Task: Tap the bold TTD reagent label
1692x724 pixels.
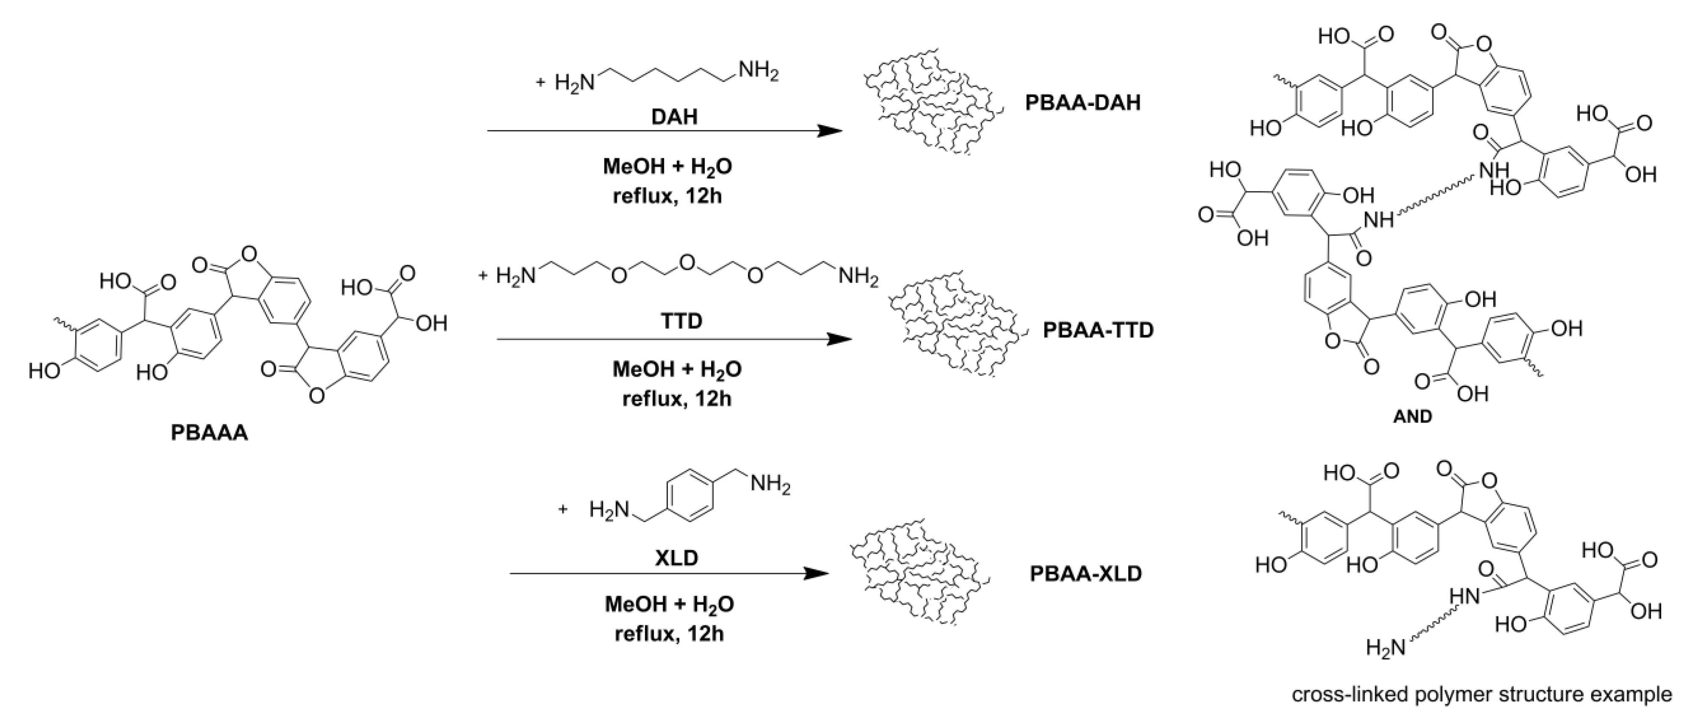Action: click(x=681, y=321)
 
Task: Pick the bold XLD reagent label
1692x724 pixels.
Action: click(x=676, y=558)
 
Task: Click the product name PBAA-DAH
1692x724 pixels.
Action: click(x=1083, y=103)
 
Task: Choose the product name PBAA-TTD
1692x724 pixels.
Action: click(x=1097, y=330)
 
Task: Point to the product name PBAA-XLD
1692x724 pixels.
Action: click(x=1085, y=574)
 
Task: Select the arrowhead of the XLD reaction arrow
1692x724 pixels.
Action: click(x=817, y=574)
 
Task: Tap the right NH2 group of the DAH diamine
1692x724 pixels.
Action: click(x=758, y=71)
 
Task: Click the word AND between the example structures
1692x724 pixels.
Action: click(x=1412, y=416)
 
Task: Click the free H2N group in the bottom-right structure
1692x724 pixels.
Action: click(x=1385, y=649)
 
